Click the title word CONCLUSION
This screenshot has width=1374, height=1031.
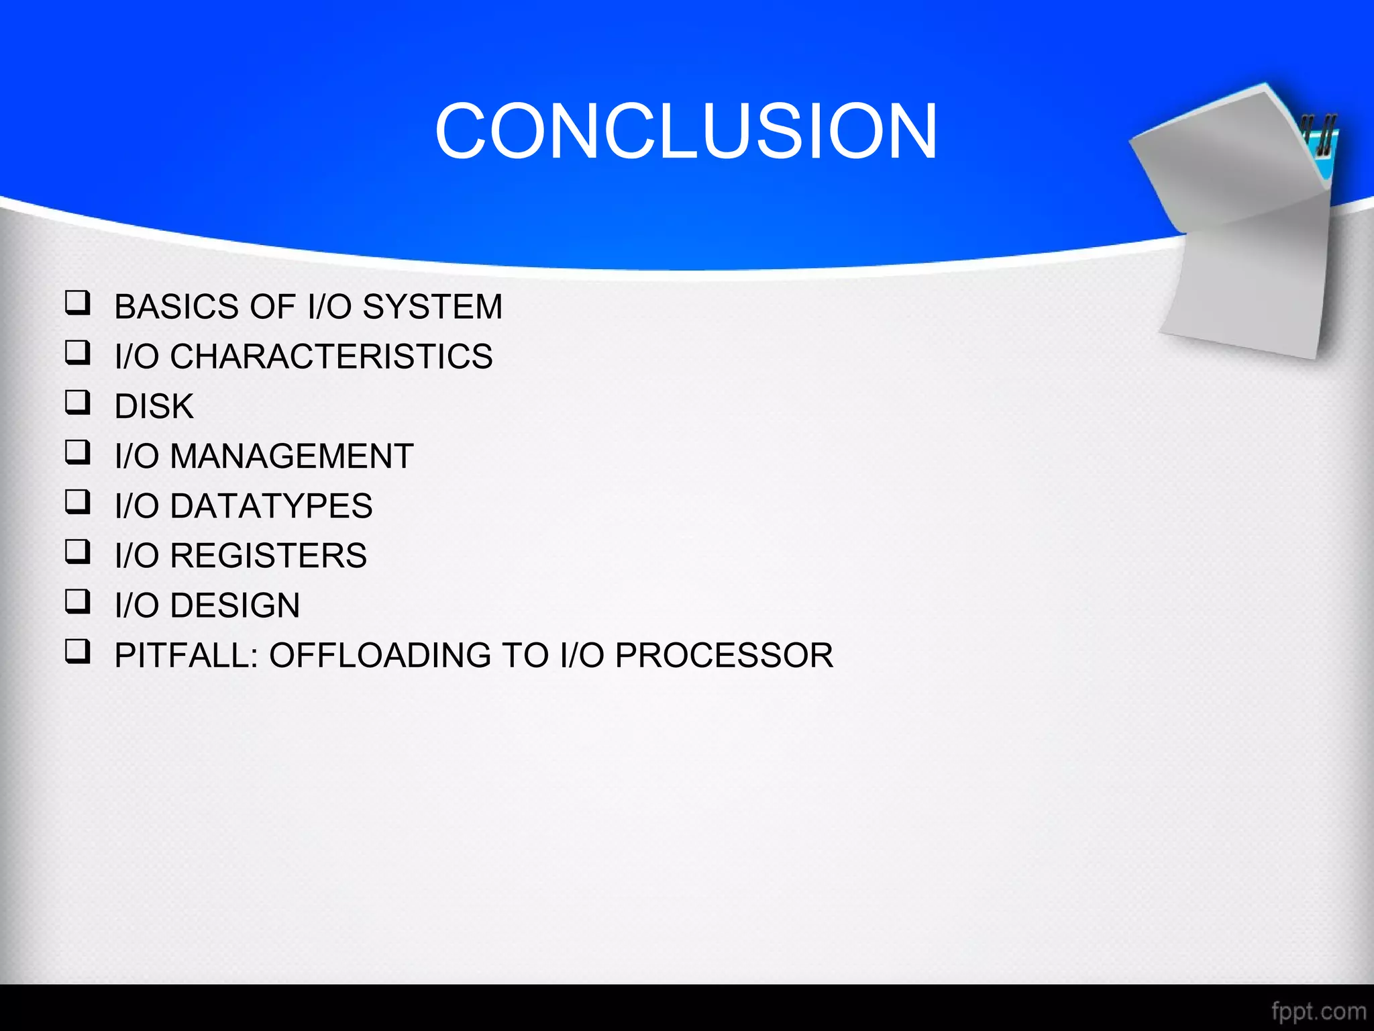click(686, 132)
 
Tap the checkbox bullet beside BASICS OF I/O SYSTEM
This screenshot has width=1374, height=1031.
click(77, 303)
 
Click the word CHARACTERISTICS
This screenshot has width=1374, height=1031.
click(331, 356)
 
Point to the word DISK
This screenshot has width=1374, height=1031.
click(154, 407)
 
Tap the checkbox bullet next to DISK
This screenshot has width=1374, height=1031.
click(77, 403)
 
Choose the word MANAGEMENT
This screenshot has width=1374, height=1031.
click(291, 456)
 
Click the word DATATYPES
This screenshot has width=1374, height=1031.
click(270, 506)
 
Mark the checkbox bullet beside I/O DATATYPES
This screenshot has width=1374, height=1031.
click(77, 502)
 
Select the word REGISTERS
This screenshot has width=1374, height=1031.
click(268, 556)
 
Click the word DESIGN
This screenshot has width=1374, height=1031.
click(234, 605)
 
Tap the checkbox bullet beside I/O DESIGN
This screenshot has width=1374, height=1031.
click(77, 601)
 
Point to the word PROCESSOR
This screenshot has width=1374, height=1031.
click(724, 655)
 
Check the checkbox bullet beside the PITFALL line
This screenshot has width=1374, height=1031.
click(77, 651)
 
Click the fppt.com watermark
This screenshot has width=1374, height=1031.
click(1318, 1011)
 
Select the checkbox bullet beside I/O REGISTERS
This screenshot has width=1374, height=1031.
click(77, 552)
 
